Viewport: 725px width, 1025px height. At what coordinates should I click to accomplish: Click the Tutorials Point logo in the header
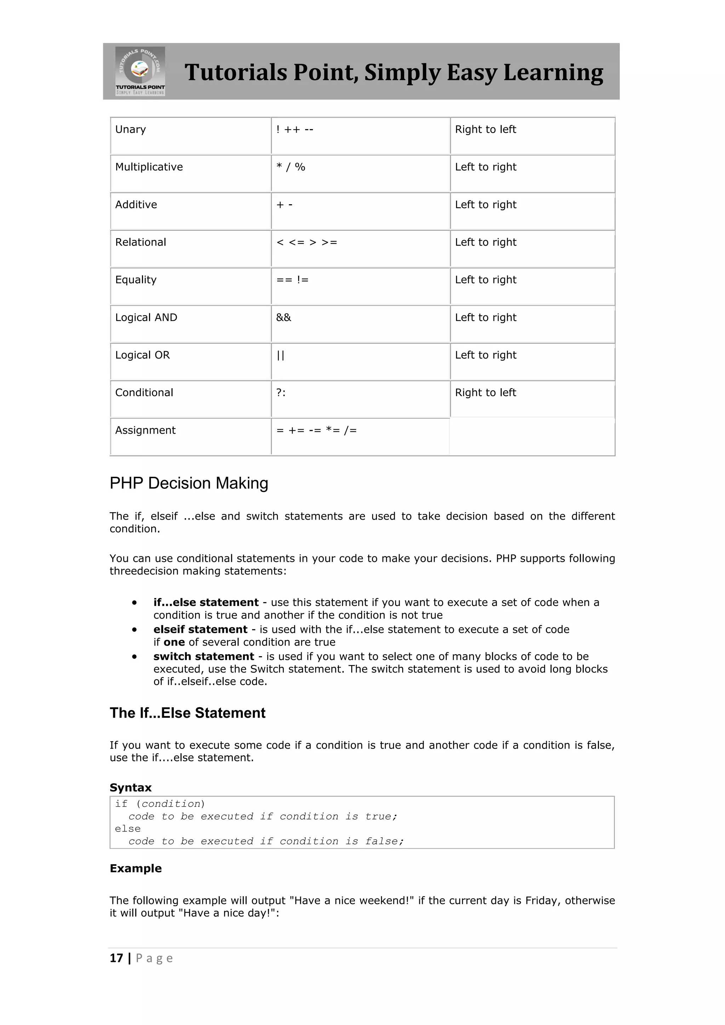click(x=140, y=71)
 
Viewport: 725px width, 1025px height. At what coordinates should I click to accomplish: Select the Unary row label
click(x=130, y=130)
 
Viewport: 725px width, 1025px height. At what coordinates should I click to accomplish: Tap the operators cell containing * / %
click(x=291, y=167)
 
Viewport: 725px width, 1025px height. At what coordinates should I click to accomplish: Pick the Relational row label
click(x=140, y=242)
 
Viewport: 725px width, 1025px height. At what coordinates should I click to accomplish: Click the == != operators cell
click(x=292, y=280)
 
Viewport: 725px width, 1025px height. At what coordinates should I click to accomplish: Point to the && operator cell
click(x=284, y=317)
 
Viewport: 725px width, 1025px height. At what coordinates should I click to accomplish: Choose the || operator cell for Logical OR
click(x=280, y=355)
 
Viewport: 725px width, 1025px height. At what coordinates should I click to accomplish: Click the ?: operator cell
click(x=281, y=393)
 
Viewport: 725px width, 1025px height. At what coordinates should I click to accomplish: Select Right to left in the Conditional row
click(x=485, y=393)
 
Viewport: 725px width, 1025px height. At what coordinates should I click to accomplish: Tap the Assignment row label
click(x=145, y=430)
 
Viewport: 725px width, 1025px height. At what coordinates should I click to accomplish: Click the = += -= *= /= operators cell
click(x=316, y=430)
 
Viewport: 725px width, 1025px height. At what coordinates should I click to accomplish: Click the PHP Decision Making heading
click(x=189, y=483)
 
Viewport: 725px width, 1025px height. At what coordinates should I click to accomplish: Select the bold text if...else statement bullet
click(x=206, y=603)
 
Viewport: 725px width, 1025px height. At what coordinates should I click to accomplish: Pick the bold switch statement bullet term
click(x=204, y=657)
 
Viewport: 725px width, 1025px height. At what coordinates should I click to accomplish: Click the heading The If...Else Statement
click(x=188, y=713)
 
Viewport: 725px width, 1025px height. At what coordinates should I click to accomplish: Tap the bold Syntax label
click(x=130, y=788)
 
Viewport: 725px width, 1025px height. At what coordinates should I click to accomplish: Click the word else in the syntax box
click(x=128, y=829)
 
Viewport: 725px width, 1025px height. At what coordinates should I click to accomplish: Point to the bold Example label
click(x=136, y=868)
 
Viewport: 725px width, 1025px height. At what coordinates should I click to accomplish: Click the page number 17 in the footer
click(x=116, y=958)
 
